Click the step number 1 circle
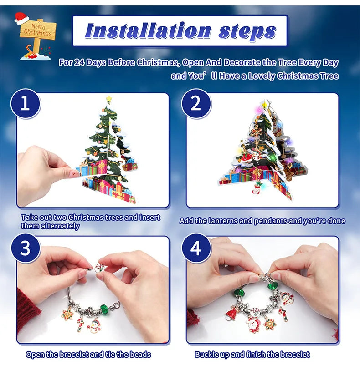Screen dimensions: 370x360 coord(25,104)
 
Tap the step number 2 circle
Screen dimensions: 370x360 coord(196,104)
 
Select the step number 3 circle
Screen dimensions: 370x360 coord(25,248)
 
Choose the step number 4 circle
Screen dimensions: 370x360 coord(196,248)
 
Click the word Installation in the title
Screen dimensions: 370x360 coord(148,31)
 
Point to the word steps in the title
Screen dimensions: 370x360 coord(247,31)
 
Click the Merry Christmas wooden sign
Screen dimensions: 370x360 coord(38,31)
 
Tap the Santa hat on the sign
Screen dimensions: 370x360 coord(21,18)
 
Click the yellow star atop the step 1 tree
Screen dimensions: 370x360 coord(108,99)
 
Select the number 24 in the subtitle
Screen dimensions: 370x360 coord(79,63)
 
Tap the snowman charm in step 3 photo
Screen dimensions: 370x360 coord(95,326)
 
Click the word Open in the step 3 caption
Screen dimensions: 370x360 coord(35,354)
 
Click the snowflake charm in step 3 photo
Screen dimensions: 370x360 coord(67,314)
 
